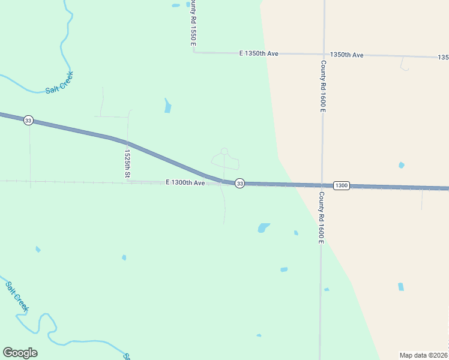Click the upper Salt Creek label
59,83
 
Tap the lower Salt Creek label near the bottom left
17,296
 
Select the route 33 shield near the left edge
28,121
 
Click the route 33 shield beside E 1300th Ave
240,183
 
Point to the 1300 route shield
341,185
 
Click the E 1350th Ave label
259,53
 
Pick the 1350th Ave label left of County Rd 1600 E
346,55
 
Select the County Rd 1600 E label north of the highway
323,86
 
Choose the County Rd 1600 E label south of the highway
322,218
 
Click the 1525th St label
127,162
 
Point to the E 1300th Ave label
185,182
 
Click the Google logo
20,353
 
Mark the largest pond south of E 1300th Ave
263,227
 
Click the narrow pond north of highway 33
167,106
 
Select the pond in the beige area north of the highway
401,165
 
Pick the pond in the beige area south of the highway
401,287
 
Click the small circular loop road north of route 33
224,151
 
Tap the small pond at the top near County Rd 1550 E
176,5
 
